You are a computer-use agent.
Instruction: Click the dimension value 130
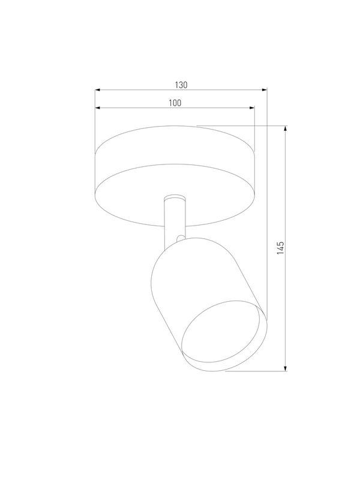click(181, 85)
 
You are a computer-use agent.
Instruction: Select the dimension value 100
click(175, 103)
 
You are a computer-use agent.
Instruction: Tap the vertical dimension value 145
click(280, 248)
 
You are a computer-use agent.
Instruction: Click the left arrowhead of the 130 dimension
click(98, 90)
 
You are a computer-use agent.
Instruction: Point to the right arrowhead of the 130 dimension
click(264, 90)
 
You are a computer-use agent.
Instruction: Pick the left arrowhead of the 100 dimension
click(98, 108)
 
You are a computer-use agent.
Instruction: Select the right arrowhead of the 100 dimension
click(251, 108)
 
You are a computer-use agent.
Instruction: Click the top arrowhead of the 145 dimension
click(286, 128)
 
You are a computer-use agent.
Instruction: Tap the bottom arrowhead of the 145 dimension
click(286, 368)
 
